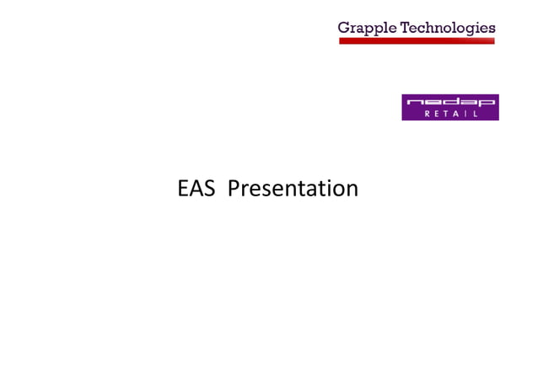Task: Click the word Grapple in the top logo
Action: tap(369, 28)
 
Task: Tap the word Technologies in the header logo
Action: tap(448, 28)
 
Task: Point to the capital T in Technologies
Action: tap(405, 28)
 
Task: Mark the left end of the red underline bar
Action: tap(342, 40)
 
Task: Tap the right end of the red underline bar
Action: tap(492, 40)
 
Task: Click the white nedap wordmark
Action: tap(451, 102)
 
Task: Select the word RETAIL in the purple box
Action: tap(451, 114)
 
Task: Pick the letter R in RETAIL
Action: tap(427, 114)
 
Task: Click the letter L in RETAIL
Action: tap(475, 114)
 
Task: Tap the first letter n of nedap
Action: tap(413, 102)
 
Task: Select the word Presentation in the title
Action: tap(293, 188)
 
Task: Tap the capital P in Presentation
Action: tap(234, 188)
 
